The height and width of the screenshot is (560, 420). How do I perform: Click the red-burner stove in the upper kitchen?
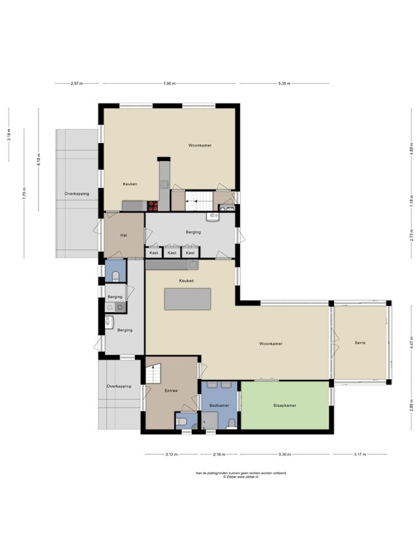tap(153, 206)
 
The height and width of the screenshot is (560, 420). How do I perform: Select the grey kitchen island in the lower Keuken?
tap(188, 299)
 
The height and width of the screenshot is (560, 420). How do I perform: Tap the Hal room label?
tap(124, 235)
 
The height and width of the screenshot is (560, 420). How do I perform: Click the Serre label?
tap(360, 343)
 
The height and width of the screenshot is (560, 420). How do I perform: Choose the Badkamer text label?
tap(219, 405)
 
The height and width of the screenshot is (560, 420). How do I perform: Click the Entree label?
tap(171, 391)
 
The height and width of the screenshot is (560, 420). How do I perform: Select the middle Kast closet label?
tap(172, 252)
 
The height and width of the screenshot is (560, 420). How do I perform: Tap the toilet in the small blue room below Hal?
tap(116, 275)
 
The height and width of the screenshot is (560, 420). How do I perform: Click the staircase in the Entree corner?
tap(154, 375)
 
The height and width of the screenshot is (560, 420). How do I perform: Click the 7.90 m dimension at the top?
tap(169, 84)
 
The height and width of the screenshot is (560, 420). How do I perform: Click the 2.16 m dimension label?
tap(218, 454)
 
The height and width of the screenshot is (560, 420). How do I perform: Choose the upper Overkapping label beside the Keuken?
tap(77, 193)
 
